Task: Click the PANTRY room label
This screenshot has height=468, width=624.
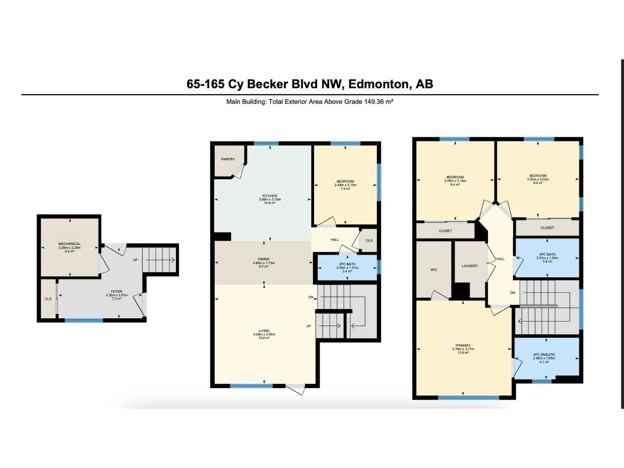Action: point(228,159)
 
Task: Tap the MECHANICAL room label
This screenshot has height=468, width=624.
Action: point(69,244)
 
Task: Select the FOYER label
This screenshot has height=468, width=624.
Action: point(117,291)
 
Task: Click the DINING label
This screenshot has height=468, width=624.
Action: point(263,259)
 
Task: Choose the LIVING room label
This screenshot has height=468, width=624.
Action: point(264,331)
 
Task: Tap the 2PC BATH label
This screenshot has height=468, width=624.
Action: point(347,264)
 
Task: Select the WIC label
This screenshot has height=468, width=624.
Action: point(434,270)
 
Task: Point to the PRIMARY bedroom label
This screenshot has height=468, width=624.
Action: point(463,345)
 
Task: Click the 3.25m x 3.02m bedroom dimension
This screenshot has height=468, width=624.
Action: point(538,179)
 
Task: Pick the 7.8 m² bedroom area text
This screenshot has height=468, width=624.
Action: point(345,189)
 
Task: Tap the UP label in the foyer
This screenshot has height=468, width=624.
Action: point(135,260)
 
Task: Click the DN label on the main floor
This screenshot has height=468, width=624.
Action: point(311,297)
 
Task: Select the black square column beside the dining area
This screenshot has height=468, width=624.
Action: point(223,236)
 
